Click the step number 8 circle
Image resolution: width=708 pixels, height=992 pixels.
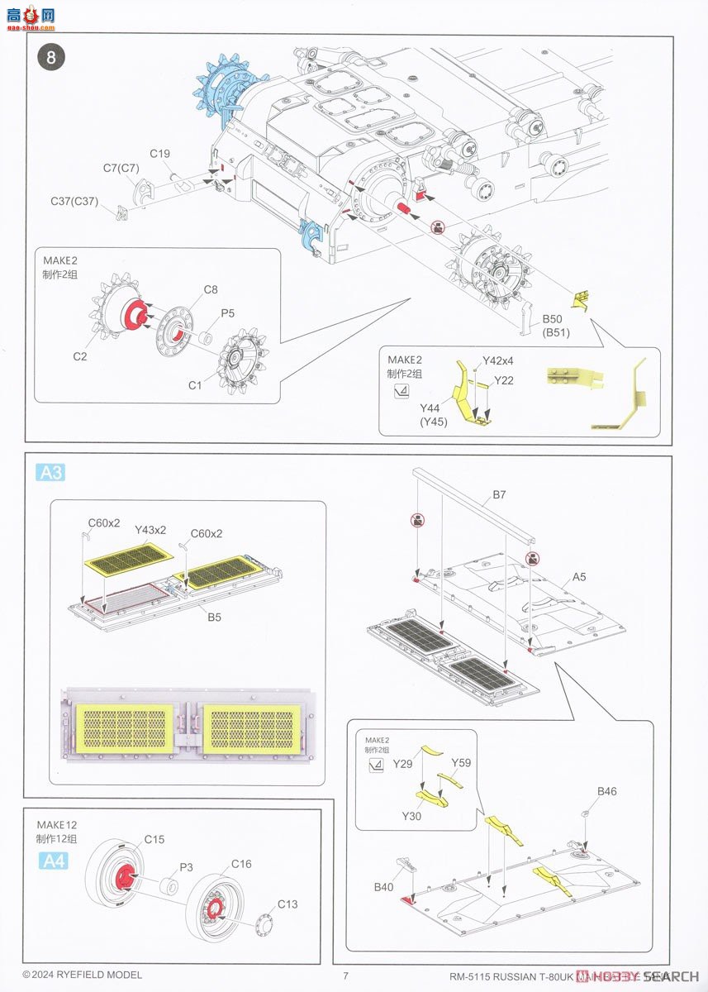click(x=50, y=57)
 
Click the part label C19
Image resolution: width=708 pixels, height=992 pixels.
click(x=160, y=154)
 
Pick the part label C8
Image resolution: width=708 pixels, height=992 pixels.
click(x=211, y=290)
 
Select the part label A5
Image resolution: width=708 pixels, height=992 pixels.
click(x=577, y=577)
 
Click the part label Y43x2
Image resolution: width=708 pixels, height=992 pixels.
click(x=150, y=529)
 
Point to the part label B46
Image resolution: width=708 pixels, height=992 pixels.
click(x=607, y=791)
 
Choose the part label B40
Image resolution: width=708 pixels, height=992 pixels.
click(x=383, y=886)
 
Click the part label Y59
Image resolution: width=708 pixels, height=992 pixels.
click(x=461, y=762)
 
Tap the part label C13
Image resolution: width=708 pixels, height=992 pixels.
click(x=287, y=904)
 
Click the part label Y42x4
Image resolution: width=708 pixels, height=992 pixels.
click(x=498, y=360)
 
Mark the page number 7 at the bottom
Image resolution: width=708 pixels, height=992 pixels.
click(x=345, y=975)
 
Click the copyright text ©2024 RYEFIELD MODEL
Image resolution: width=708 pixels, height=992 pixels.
click(x=82, y=975)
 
